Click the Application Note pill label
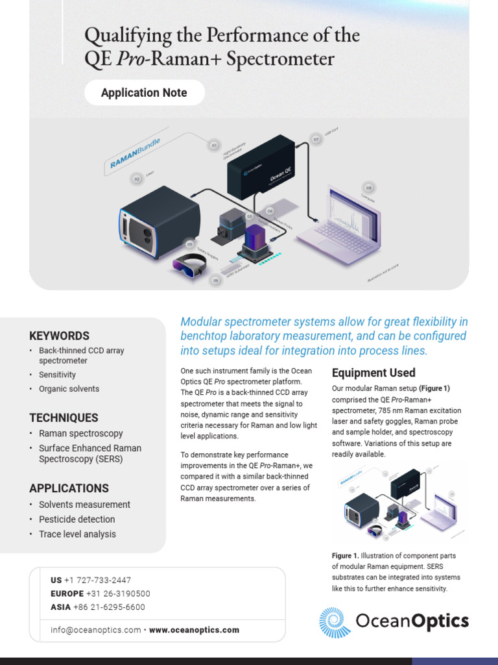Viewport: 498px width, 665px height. [x=144, y=93]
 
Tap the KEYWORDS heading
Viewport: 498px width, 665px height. [x=59, y=336]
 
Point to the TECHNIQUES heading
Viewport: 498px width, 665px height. [x=64, y=418]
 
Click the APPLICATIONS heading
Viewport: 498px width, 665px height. [x=69, y=488]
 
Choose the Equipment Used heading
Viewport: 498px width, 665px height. [x=373, y=373]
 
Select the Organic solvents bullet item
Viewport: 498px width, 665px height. [x=69, y=389]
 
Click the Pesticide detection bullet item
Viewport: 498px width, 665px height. [x=77, y=520]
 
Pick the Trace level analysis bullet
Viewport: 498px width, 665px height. [x=77, y=534]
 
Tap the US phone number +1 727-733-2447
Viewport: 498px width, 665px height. [x=97, y=580]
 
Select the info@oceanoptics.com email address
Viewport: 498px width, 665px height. [x=95, y=630]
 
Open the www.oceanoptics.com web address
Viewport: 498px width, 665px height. [x=194, y=630]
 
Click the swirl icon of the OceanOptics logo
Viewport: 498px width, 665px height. [x=335, y=622]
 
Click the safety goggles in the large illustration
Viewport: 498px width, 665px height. [x=189, y=264]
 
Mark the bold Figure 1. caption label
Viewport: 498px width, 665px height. [x=345, y=556]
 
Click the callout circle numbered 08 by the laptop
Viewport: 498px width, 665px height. [x=368, y=188]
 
